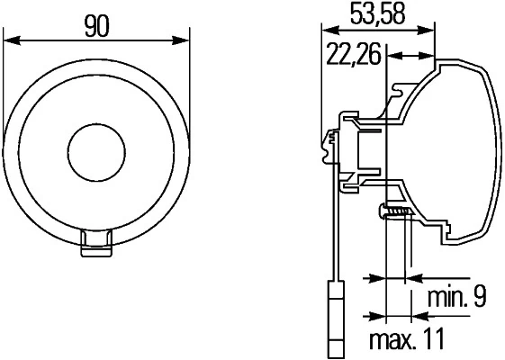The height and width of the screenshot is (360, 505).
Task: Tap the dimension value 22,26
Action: [352, 56]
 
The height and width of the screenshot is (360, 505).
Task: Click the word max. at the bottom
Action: [395, 342]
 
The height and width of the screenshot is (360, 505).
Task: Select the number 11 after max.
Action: [436, 342]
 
